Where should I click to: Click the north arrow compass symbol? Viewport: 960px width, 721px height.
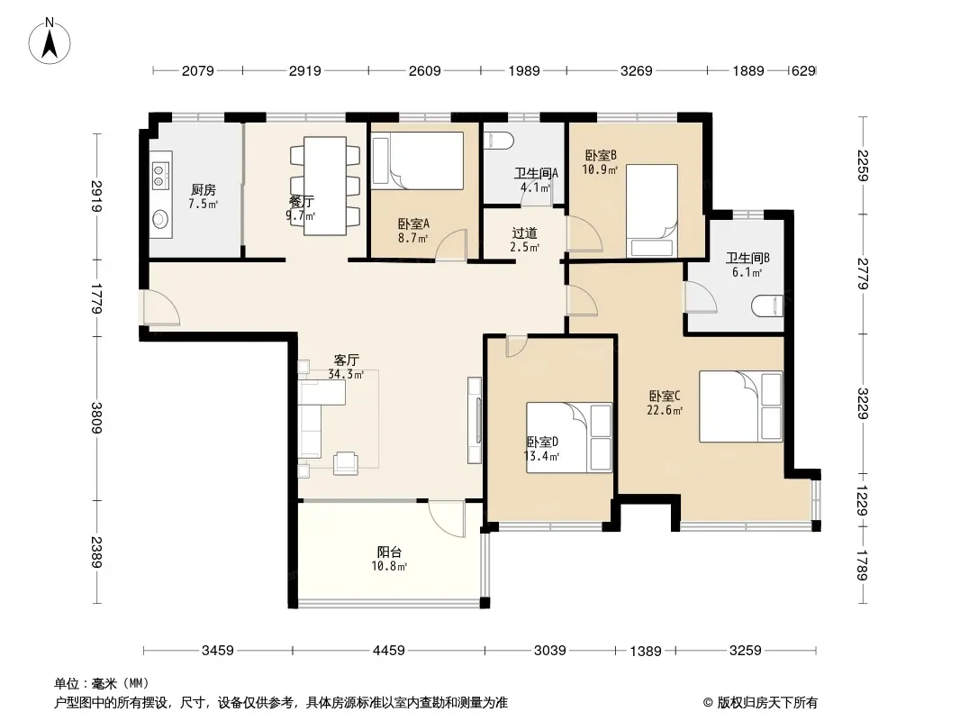coord(50,41)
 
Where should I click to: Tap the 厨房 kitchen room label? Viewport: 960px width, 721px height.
coord(204,190)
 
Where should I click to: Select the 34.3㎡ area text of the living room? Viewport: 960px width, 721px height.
coord(346,374)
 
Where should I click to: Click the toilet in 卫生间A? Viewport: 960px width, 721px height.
coord(498,141)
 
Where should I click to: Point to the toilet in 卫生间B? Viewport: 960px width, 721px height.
coord(768,306)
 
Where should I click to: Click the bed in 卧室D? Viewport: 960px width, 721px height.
coord(569,437)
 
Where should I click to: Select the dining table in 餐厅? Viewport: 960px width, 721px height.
coord(325,186)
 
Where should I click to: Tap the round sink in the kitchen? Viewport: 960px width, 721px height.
coord(161,218)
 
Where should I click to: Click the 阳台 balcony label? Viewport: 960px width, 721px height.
coord(389,552)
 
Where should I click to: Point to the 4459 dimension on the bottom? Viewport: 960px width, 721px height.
coord(389,650)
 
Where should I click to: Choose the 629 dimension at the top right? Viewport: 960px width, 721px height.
coord(803,71)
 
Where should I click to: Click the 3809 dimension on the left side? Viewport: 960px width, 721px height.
coord(96,417)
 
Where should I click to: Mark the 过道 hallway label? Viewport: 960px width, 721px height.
coord(525,233)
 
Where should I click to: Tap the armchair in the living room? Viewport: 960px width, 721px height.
coord(346,462)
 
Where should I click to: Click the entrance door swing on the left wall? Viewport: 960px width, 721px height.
coord(160,307)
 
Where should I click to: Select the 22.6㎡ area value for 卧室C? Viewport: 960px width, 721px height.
coord(665,410)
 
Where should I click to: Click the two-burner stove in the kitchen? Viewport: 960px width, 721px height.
coord(160,175)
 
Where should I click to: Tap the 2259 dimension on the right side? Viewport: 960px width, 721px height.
coord(864,166)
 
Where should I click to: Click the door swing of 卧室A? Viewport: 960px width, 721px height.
coord(451,245)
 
